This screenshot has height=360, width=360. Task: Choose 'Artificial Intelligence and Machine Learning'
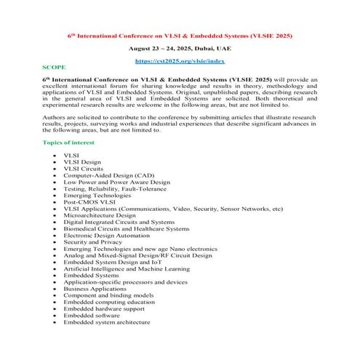(x=127, y=268)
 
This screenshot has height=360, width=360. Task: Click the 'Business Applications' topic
(x=95, y=288)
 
